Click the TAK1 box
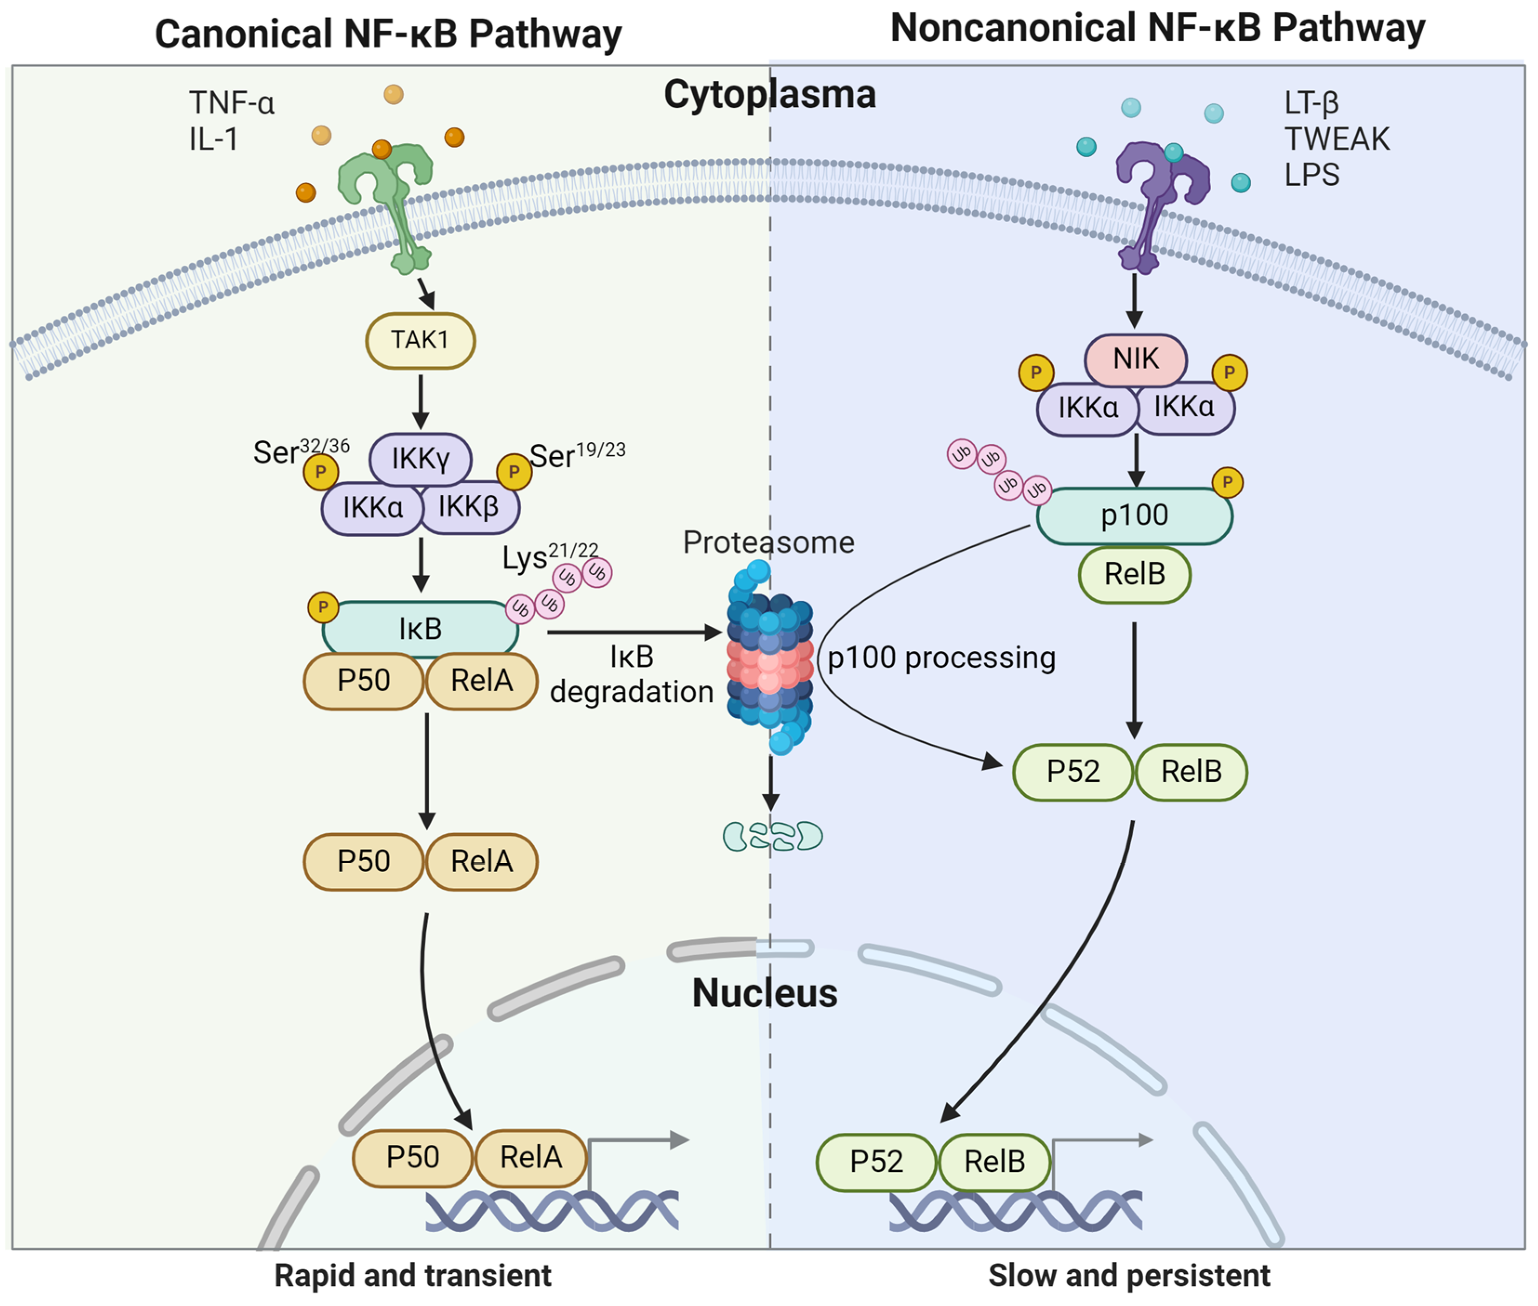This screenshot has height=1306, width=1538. (420, 341)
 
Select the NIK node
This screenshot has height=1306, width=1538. (1135, 359)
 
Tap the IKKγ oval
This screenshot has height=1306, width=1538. (420, 458)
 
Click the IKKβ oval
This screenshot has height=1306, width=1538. (469, 507)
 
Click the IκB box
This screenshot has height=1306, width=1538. (420, 629)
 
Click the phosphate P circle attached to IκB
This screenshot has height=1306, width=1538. (323, 608)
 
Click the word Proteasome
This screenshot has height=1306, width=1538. (768, 543)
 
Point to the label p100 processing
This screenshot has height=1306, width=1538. (941, 657)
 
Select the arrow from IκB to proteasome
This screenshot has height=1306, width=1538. (633, 632)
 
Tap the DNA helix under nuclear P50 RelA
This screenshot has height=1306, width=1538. (552, 1211)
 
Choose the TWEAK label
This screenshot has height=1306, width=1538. (1337, 139)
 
